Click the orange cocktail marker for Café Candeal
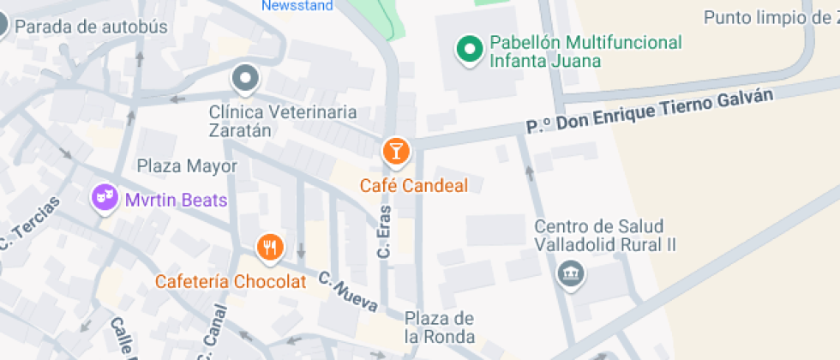point(395,152)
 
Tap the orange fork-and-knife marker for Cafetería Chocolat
point(270,248)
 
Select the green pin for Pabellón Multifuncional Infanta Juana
point(468,50)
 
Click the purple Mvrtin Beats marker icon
point(105,199)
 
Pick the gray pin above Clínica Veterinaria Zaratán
point(246,80)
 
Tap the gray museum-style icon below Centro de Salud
point(568,274)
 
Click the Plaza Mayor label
point(187,166)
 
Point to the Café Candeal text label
point(414,185)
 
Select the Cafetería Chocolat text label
point(230,281)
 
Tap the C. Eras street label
point(385,231)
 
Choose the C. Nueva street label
point(347,290)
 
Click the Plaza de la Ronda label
point(440,327)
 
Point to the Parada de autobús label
point(91,27)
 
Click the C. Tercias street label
point(30,225)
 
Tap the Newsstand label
point(297,5)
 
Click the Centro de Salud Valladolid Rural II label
point(605,236)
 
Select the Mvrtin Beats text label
point(176,201)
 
